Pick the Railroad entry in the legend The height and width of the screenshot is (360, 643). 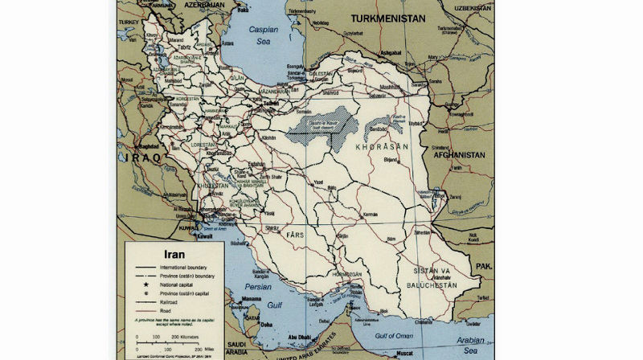coord(172,303)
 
